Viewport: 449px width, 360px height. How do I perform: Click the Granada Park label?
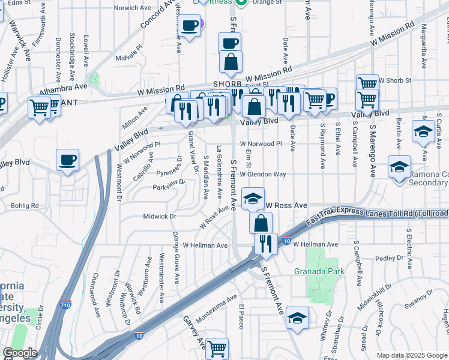click(319, 271)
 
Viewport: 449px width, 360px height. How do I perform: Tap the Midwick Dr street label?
click(160, 216)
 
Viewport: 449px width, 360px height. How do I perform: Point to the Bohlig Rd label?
click(24, 205)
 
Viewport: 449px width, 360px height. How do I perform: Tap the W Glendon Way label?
click(263, 174)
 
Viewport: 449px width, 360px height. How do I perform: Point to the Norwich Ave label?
click(135, 8)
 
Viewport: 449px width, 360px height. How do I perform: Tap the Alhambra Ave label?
click(64, 86)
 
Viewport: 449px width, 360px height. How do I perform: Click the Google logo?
click(20, 353)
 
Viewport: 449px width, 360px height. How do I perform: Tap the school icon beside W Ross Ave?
click(253, 198)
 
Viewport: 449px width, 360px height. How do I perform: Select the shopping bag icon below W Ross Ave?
click(261, 223)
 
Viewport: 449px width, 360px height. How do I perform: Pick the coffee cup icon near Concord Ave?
click(190, 26)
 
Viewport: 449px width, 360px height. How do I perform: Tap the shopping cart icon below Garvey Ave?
click(217, 348)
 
